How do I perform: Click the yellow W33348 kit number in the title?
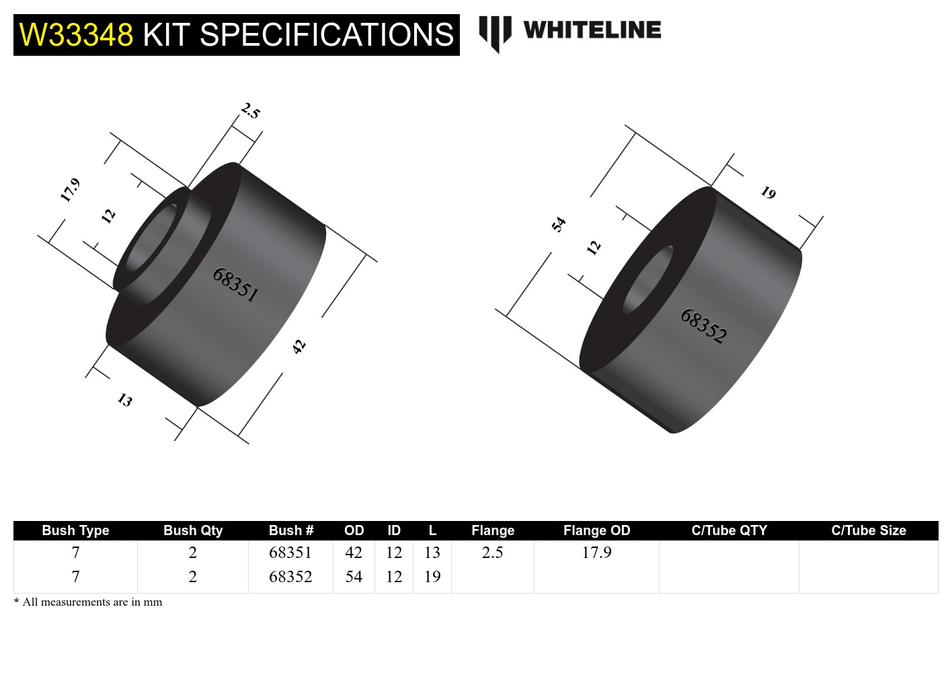[76, 35]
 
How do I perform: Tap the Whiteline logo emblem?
[495, 32]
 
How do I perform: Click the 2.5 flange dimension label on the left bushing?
[250, 111]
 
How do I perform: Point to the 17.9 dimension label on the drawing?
[70, 190]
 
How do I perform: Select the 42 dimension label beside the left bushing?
[299, 346]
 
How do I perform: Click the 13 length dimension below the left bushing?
[125, 400]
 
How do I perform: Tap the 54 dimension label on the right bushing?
[559, 224]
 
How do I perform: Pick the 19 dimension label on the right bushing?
[768, 193]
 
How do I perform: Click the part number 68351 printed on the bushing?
[235, 284]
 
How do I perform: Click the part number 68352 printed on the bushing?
[703, 326]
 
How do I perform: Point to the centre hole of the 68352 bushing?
[647, 280]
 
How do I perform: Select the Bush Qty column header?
[193, 530]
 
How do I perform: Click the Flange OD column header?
[596, 530]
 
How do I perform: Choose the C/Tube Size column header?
[868, 530]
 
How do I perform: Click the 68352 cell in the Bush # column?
[290, 577]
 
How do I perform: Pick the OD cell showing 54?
[354, 577]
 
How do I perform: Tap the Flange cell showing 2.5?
[492, 553]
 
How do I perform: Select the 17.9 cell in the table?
[596, 553]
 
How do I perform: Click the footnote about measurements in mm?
[88, 602]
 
